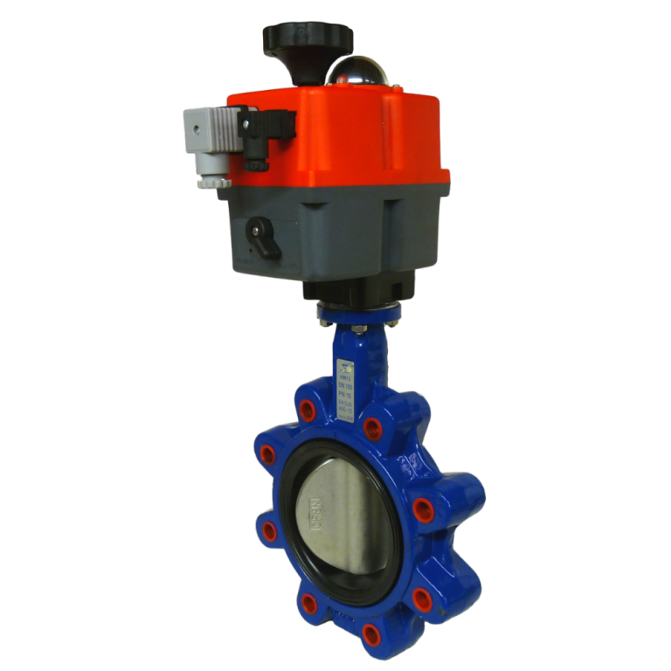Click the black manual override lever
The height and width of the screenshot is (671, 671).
pos(265,237)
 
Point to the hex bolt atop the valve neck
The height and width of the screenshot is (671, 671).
pos(359,329)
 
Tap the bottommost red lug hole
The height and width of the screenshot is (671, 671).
pos(370,632)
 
